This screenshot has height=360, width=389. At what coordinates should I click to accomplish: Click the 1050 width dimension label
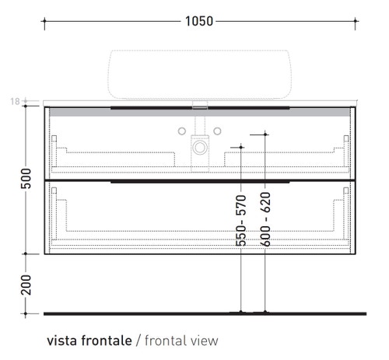[x=199, y=21]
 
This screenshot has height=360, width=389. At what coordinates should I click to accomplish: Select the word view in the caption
[x=205, y=340]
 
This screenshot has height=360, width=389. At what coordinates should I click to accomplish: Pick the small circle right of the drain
[x=219, y=129]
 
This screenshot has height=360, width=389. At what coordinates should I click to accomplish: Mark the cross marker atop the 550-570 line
[x=241, y=146]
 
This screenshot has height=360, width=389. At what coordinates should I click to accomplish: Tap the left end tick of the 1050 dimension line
[x=44, y=21]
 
